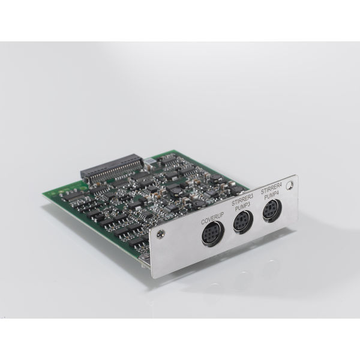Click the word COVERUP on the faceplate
coord(212,219)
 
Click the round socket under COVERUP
coord(212,233)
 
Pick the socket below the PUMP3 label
coord(243,221)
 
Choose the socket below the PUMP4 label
coord(272,211)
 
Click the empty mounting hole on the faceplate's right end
coord(290,185)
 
